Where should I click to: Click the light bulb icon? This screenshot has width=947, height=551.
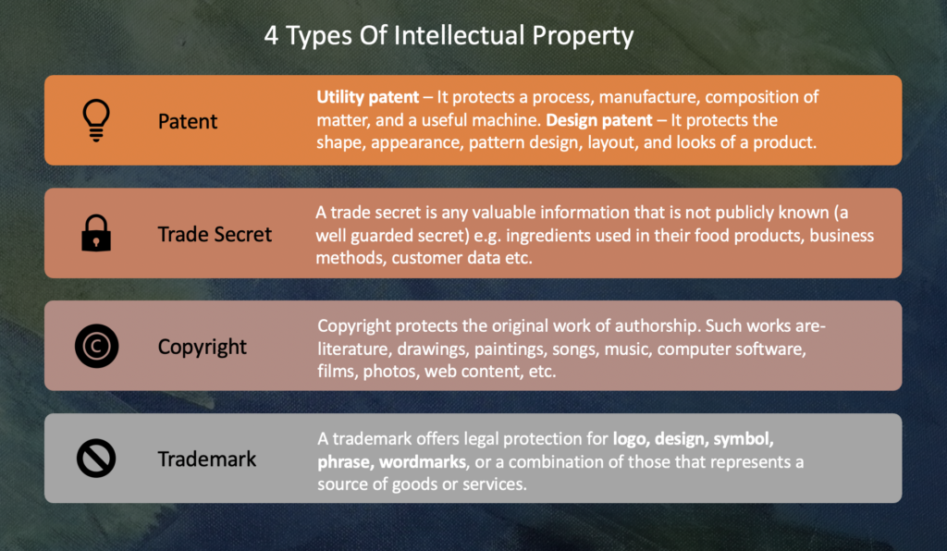coord(96,120)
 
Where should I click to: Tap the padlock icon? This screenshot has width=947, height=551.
coord(96,234)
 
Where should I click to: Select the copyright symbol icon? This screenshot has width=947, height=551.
coord(96,347)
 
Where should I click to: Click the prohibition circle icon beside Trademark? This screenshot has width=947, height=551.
coord(96,459)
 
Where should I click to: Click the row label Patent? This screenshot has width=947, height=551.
coord(188,121)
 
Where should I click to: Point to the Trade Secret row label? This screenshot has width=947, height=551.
coord(215,234)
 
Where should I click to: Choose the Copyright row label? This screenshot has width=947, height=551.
coord(203,347)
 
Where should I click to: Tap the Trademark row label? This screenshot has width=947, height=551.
coord(207,459)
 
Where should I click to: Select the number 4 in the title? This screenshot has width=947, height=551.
coord(271,37)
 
